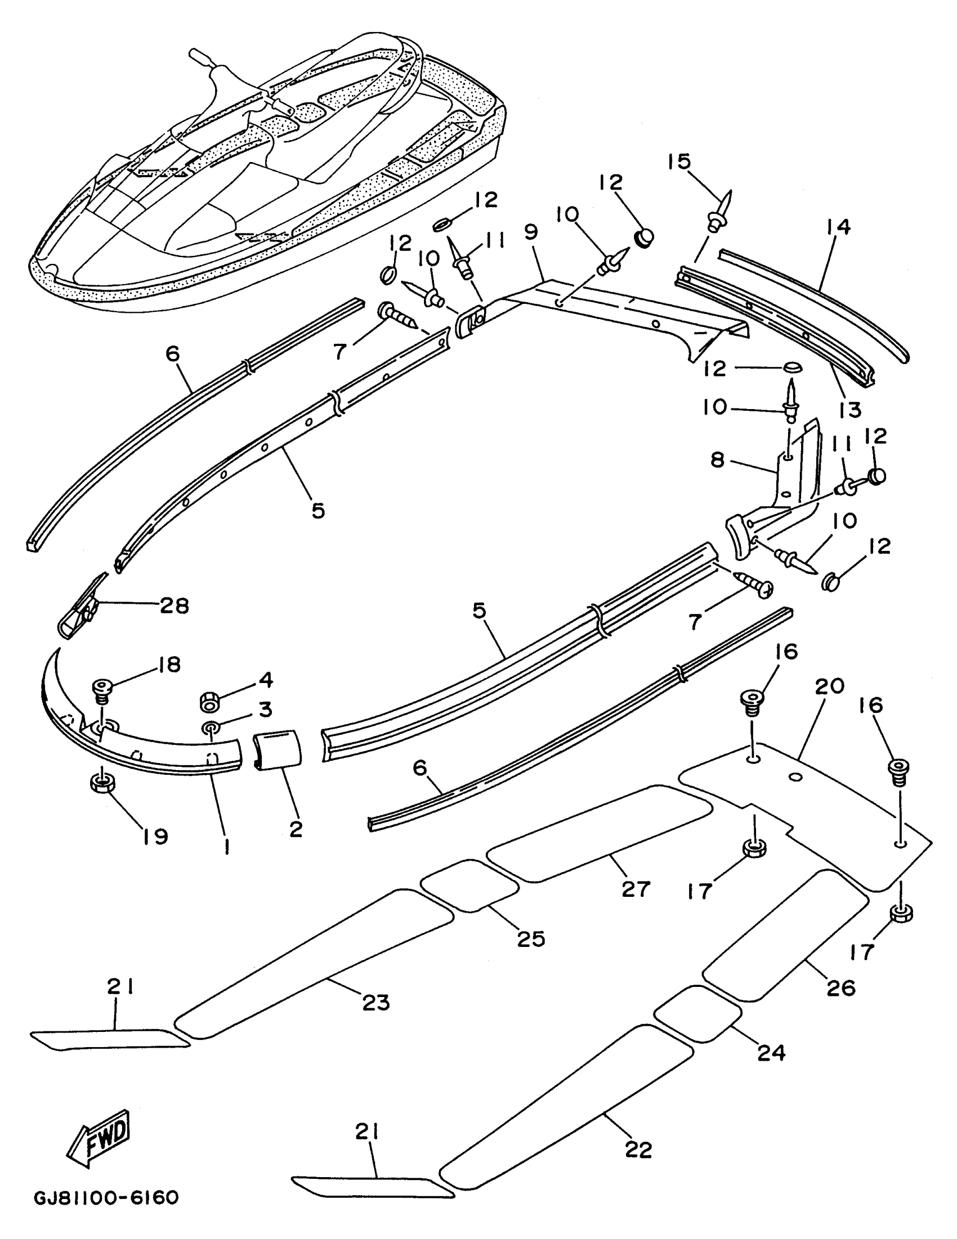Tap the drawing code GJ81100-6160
pos(107,1198)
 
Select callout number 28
pos(174,605)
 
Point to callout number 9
pos(531,234)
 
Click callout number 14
pos(839,227)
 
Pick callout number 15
pos(679,161)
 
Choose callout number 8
pos(717,460)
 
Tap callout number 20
pos(830,686)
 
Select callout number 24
pos(771,1052)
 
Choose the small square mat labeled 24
pos(697,1013)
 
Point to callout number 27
pos(635,888)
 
